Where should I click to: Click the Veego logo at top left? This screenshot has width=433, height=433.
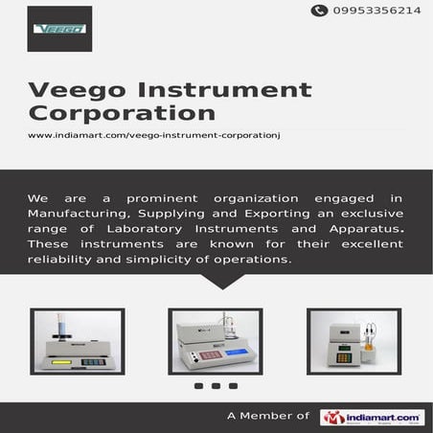[x=59, y=29]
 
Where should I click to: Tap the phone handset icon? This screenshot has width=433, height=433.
[x=319, y=11]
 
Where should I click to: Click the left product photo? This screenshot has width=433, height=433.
[x=77, y=341]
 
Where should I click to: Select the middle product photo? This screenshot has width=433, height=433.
[x=216, y=341]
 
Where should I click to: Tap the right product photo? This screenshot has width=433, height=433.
[x=353, y=341]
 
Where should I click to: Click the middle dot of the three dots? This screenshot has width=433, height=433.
[x=216, y=386]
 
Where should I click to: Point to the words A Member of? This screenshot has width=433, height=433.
[x=268, y=417]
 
